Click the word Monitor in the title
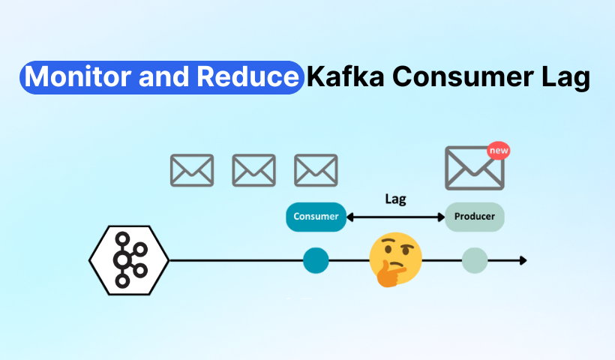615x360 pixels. pos(78,76)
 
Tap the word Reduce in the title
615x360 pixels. pos(248,76)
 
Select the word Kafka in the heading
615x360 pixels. pos(346,76)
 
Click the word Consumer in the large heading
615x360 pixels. pos(463,76)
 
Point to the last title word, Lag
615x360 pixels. pos(566,78)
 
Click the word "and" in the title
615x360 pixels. pos(164,76)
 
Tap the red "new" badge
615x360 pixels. pos(499,151)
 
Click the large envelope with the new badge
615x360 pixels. pos(475,168)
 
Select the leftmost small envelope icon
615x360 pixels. pos(192,170)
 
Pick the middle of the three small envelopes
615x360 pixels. pos(253,170)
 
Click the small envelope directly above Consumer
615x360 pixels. pos(316,170)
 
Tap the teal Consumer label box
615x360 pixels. pos(316,217)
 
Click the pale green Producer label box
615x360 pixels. pos(475,217)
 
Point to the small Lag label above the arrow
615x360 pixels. pos(395,199)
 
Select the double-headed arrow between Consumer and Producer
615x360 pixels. pos(395,217)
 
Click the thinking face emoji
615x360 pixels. pos(395,259)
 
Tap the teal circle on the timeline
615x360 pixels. pos(316,260)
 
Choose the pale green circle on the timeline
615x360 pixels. pos(475,260)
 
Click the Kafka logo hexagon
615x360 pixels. pos(129,260)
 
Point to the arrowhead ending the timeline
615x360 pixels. pos(523,260)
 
